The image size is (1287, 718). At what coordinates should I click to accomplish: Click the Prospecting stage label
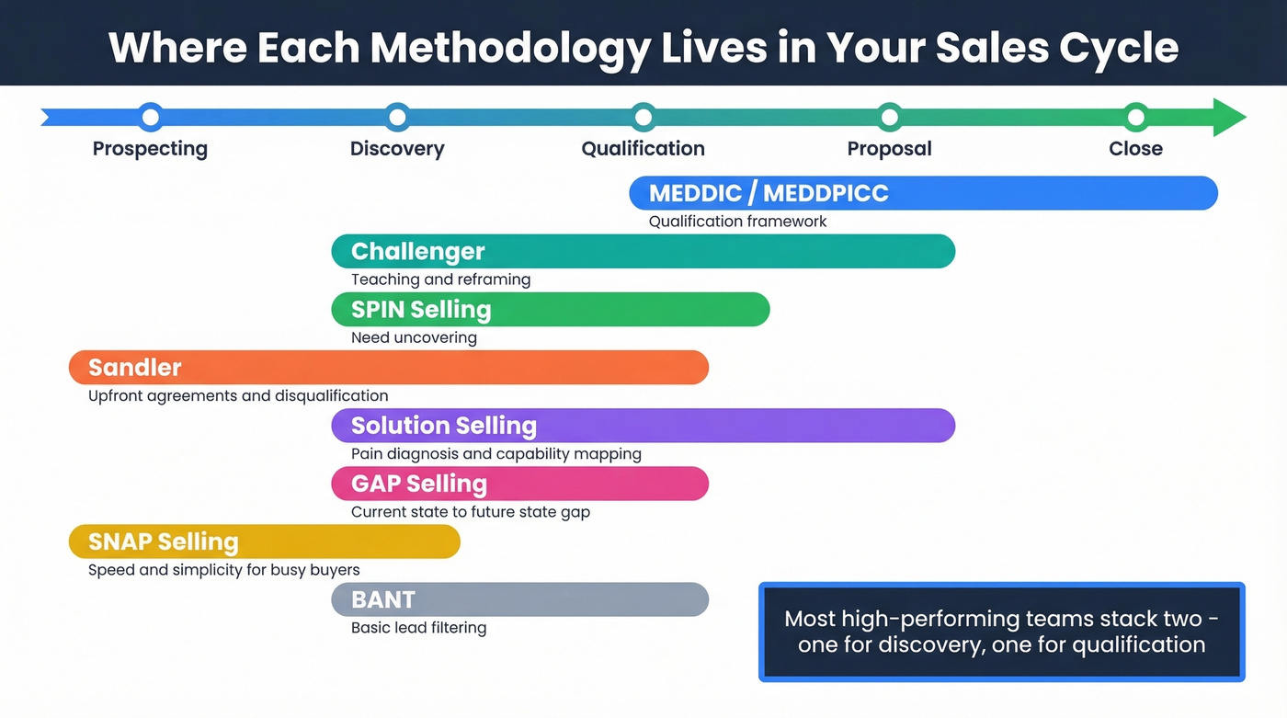150,149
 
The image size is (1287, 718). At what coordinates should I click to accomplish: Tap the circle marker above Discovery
397,117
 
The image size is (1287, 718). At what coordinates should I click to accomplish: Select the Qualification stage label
643,149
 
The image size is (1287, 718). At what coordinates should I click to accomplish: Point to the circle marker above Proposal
889,117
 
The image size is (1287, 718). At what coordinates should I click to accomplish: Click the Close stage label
1135,149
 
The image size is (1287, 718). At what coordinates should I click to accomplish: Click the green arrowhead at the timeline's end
1228,118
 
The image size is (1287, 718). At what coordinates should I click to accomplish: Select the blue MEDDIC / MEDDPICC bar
923,193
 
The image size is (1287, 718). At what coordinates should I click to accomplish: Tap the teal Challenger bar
643,251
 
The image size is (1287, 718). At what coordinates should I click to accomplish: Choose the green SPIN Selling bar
550,309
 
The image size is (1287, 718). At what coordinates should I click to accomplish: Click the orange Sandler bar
388,367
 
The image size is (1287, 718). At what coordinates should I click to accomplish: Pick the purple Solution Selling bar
643,426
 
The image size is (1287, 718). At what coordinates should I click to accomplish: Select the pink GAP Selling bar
519,484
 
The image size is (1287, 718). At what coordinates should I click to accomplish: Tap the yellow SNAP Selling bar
264,541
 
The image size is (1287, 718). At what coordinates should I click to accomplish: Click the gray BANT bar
519,599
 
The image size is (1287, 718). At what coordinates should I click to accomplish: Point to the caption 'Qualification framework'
737,222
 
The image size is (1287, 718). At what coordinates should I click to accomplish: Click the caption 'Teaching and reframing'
440,279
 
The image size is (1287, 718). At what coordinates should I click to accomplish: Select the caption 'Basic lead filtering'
418,628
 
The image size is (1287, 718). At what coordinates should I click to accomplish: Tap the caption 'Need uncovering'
414,337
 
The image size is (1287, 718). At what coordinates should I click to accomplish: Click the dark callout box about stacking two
1001,632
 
